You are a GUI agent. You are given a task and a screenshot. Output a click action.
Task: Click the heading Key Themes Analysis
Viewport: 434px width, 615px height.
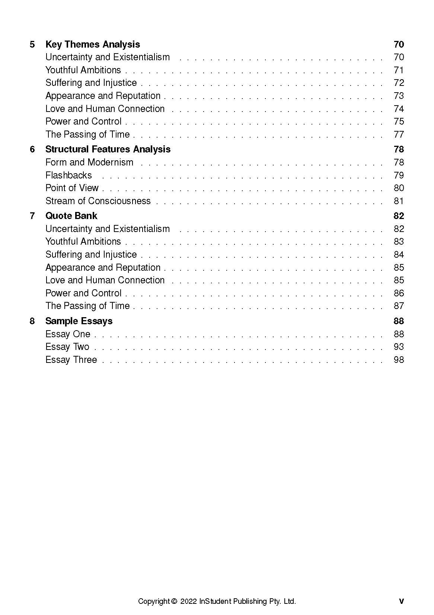tap(93, 44)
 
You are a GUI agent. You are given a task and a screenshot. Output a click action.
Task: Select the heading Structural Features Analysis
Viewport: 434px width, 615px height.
tap(108, 149)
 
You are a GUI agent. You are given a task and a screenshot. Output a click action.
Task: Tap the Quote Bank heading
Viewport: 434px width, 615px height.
tap(71, 216)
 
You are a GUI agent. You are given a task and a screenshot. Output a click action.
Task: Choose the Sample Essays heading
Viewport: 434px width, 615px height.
tap(79, 321)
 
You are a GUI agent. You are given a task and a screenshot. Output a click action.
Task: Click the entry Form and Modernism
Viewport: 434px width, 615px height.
tap(89, 162)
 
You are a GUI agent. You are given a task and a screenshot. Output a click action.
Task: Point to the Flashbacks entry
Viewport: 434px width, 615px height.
tap(68, 175)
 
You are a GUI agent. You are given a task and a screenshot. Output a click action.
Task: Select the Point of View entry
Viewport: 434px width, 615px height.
tap(72, 188)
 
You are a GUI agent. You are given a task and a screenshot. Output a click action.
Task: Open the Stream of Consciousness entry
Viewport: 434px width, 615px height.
tap(98, 201)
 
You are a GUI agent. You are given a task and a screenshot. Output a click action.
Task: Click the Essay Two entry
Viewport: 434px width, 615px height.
tap(67, 347)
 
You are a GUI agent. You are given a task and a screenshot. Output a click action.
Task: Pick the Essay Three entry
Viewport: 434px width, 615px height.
tap(71, 360)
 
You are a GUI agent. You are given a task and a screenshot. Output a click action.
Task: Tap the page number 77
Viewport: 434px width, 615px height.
tap(399, 134)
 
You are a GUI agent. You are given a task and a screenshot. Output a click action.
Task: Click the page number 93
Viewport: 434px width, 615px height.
tap(399, 347)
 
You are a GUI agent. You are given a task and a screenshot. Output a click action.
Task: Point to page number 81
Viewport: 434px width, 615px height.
tap(399, 201)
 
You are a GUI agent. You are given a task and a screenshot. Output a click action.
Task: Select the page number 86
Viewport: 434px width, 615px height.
tap(399, 293)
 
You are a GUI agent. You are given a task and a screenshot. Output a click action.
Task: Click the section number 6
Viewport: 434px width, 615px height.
tap(32, 149)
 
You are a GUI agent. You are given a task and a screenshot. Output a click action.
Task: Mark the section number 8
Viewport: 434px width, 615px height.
tap(32, 321)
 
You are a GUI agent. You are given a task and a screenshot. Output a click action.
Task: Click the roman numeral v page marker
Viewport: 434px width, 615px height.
tap(401, 601)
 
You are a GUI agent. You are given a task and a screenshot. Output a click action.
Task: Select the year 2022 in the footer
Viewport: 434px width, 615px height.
tap(189, 601)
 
